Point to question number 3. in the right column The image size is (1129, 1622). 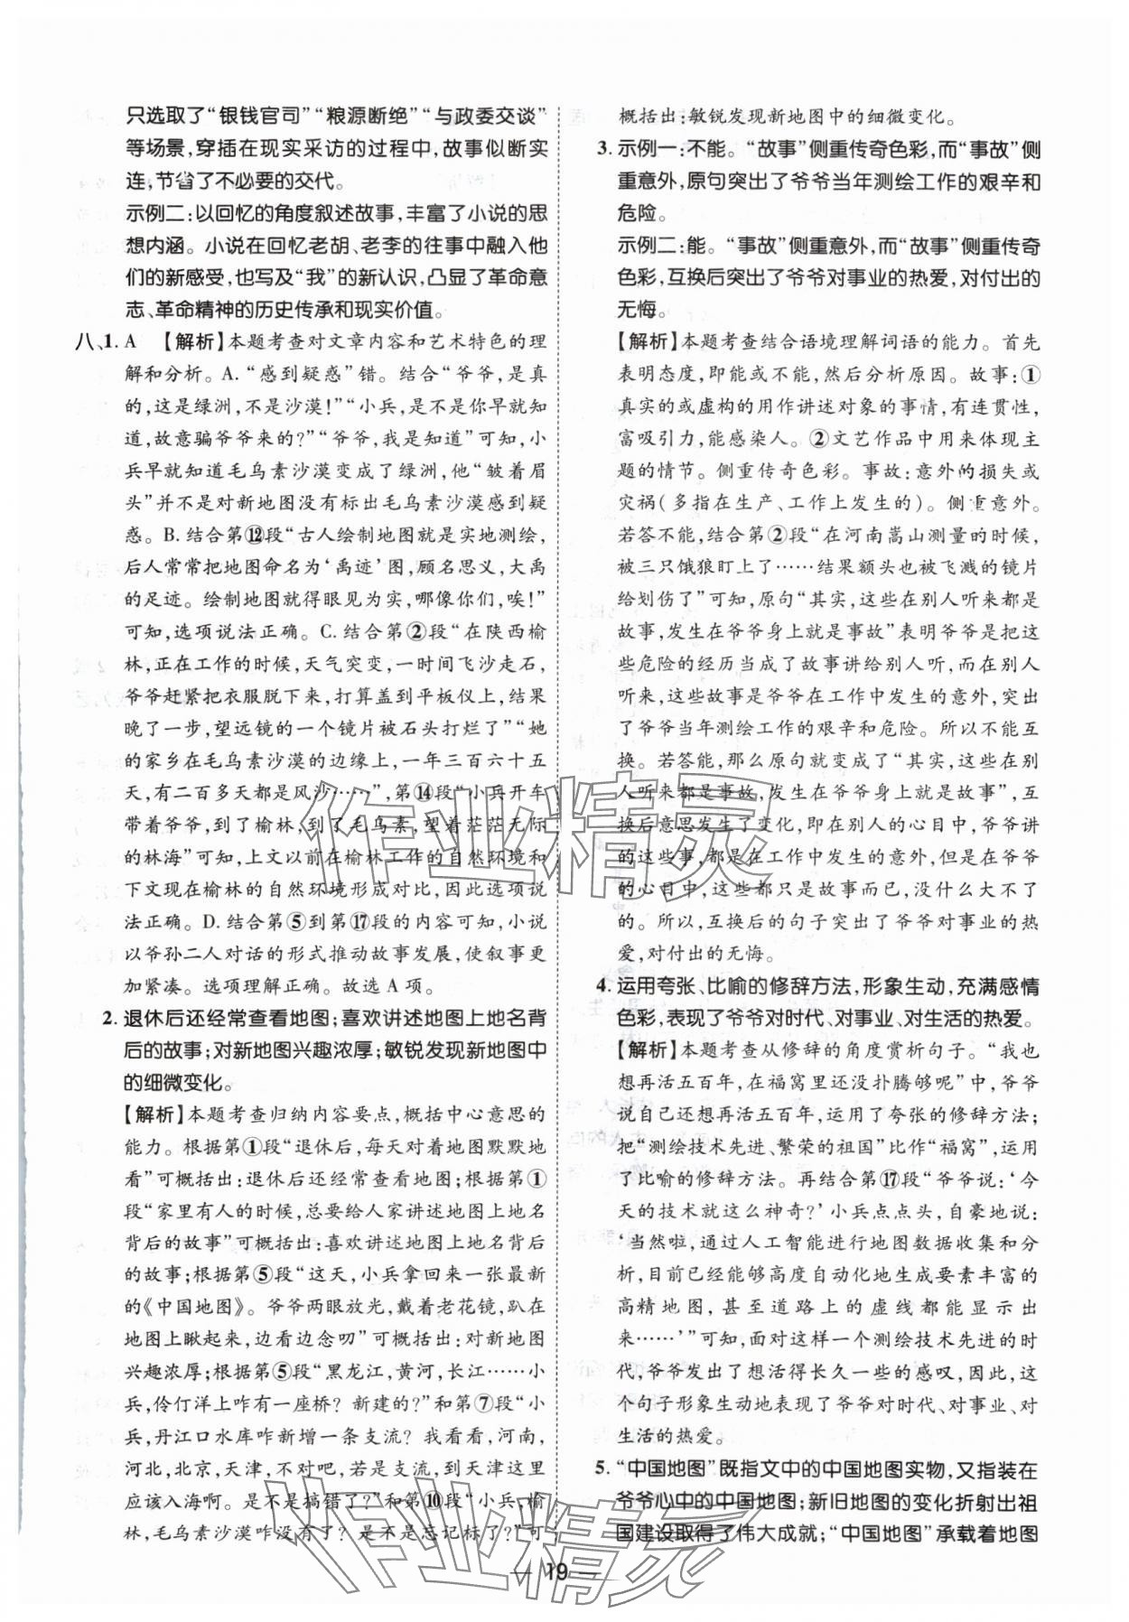pyautogui.click(x=606, y=149)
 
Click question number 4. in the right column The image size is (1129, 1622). pyautogui.click(x=606, y=986)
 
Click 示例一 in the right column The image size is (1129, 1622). pyautogui.click(x=648, y=149)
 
